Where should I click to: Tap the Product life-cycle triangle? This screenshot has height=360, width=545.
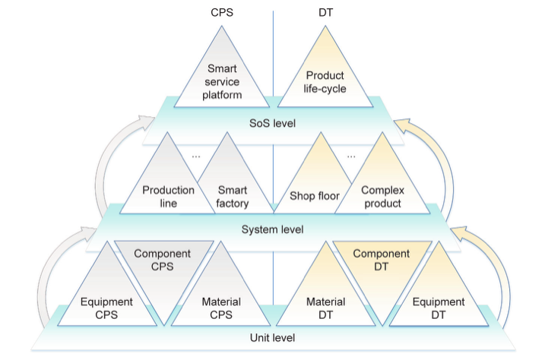325,81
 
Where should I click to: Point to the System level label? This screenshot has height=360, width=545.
272,229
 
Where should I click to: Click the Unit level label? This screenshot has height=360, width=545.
272,337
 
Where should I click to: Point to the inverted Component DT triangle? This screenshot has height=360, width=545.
381,262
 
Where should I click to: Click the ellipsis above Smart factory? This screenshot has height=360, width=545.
195,156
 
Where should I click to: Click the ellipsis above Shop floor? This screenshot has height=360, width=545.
350,156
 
